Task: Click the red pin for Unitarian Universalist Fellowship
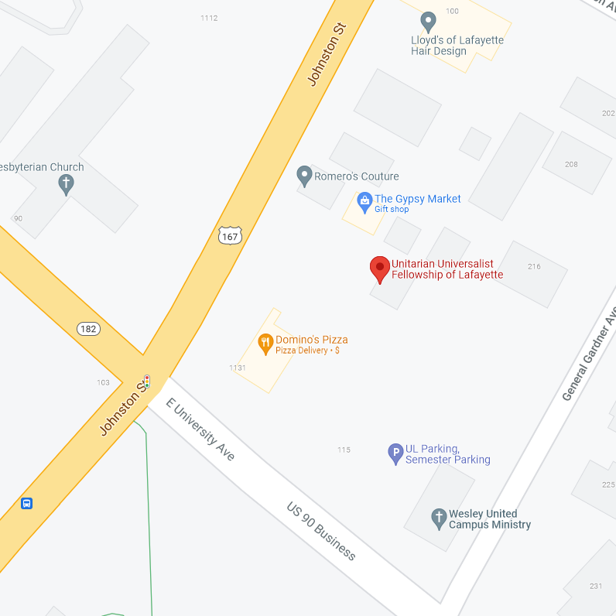(x=379, y=269)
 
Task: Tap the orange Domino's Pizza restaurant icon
(x=265, y=343)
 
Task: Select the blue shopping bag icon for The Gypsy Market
(x=364, y=203)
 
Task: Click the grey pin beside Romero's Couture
(x=304, y=176)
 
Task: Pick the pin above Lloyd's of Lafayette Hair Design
(x=427, y=21)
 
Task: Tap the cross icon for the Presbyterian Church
(x=67, y=184)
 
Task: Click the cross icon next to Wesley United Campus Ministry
(x=439, y=518)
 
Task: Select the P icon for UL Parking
(x=395, y=453)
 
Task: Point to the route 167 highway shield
(x=230, y=235)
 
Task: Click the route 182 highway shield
(x=88, y=329)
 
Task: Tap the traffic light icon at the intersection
(x=146, y=382)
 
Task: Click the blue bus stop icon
(x=27, y=504)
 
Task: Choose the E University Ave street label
(x=200, y=429)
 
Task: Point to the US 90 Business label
(x=321, y=532)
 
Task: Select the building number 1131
(x=238, y=368)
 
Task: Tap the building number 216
(x=534, y=266)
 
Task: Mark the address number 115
(x=344, y=450)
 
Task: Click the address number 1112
(x=209, y=18)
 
